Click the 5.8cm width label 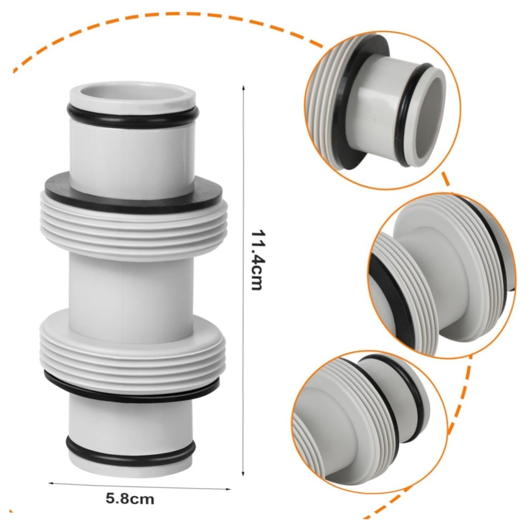coord(130,498)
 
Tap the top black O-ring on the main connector coord(132,115)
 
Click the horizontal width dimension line coord(140,486)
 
